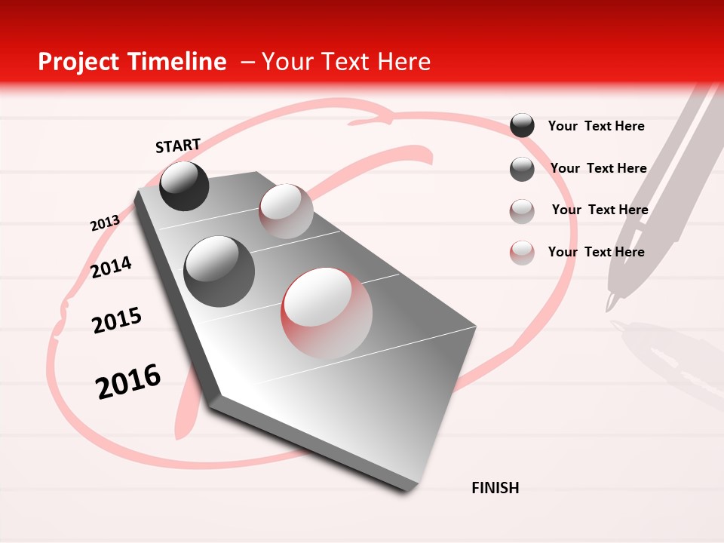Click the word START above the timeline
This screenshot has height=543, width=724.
(x=178, y=146)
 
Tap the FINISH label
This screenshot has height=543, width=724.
(x=495, y=488)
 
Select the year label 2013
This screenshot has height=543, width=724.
(x=105, y=223)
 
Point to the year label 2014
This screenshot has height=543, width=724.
(x=111, y=268)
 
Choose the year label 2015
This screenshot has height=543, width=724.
(x=117, y=321)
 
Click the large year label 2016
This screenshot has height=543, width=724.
(x=128, y=382)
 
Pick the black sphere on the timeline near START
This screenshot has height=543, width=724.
(x=184, y=186)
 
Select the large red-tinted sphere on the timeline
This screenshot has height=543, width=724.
(x=327, y=313)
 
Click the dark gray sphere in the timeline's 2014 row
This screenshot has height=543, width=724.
(x=219, y=271)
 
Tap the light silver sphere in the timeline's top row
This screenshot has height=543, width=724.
(x=286, y=211)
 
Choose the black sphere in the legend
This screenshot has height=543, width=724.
(x=522, y=125)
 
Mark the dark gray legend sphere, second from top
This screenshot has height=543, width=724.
(x=522, y=169)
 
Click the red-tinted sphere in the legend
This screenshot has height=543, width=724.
(x=522, y=253)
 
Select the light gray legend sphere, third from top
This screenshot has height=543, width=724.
(x=522, y=211)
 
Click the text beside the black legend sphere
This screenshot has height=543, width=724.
(x=596, y=126)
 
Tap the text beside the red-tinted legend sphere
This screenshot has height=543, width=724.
(x=596, y=252)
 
